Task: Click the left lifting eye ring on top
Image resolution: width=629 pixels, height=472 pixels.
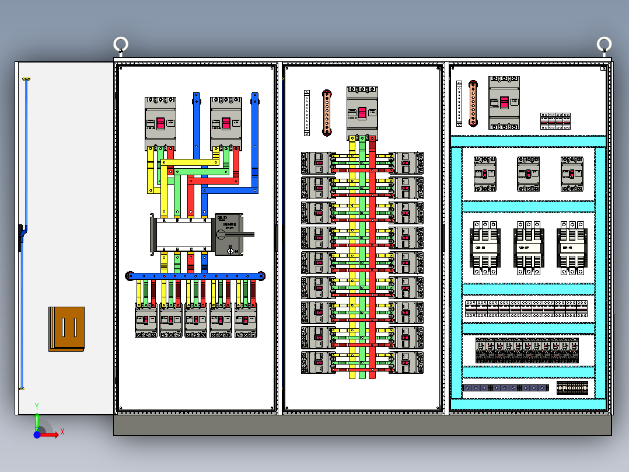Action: pyautogui.click(x=121, y=44)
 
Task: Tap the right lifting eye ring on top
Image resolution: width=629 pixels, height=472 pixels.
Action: pyautogui.click(x=604, y=44)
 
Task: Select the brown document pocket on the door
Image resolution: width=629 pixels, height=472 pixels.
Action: pyautogui.click(x=67, y=329)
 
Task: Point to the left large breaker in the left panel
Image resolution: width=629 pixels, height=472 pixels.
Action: pyautogui.click(x=160, y=124)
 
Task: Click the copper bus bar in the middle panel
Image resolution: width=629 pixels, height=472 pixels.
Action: pyautogui.click(x=327, y=113)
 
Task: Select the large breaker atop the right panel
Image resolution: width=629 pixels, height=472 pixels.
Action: pyautogui.click(x=504, y=103)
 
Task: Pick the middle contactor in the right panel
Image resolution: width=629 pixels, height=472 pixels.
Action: pyautogui.click(x=529, y=247)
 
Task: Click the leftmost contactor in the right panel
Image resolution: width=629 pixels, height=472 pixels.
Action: pyautogui.click(x=485, y=247)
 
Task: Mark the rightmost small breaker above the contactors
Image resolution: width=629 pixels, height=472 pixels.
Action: pyautogui.click(x=572, y=173)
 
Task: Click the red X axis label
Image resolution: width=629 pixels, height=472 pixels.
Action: pyautogui.click(x=62, y=432)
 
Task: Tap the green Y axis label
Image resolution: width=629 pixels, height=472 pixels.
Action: pyautogui.click(x=37, y=405)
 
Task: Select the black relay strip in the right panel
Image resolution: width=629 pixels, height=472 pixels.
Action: pyautogui.click(x=527, y=350)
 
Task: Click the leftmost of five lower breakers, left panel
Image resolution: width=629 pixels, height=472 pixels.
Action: pyautogui.click(x=146, y=320)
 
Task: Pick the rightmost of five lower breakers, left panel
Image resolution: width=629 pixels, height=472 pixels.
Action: pyautogui.click(x=246, y=320)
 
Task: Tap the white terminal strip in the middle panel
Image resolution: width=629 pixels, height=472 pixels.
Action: pyautogui.click(x=307, y=113)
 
